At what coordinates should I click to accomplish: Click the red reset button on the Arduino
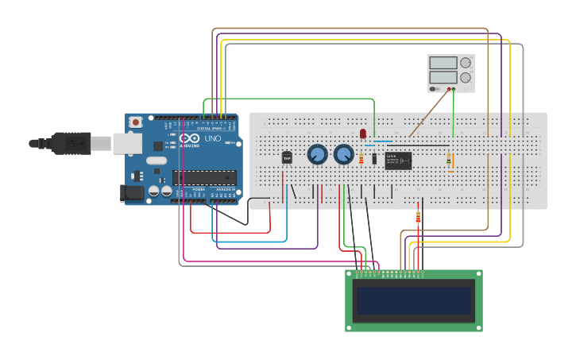pyautogui.click(x=136, y=122)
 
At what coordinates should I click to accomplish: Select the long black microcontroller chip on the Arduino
pyautogui.click(x=204, y=177)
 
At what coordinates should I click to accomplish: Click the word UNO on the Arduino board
pyautogui.click(x=212, y=138)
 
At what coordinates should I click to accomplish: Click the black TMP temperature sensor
pyautogui.click(x=287, y=157)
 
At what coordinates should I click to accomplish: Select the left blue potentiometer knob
pyautogui.click(x=317, y=154)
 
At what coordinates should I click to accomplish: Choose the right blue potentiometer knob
pyautogui.click(x=343, y=154)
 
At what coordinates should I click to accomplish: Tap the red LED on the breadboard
pyautogui.click(x=363, y=134)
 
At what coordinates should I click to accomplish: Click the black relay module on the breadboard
pyautogui.click(x=398, y=161)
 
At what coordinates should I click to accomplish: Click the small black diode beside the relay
pyautogui.click(x=374, y=158)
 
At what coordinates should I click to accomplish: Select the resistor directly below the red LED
pyautogui.click(x=361, y=159)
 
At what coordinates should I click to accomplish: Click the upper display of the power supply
pyautogui.click(x=443, y=63)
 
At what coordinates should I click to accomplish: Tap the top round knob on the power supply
pyautogui.click(x=466, y=63)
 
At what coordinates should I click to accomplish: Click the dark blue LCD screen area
pyautogui.click(x=413, y=301)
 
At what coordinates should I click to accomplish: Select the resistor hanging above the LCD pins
pyautogui.click(x=418, y=217)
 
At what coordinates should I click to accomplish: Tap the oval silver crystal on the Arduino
pyautogui.click(x=157, y=161)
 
